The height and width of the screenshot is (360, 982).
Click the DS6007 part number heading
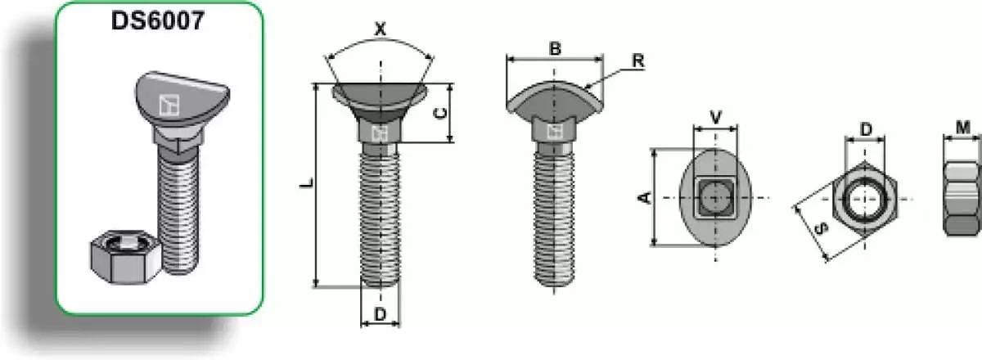tap(158, 20)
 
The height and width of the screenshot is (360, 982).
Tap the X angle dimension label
tap(381, 29)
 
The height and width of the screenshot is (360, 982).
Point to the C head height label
tap(439, 113)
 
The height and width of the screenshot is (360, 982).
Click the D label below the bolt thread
tap(381, 314)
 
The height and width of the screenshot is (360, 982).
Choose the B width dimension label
tap(555, 48)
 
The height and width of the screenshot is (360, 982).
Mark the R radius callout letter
tap(637, 61)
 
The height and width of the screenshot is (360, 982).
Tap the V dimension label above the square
tap(715, 118)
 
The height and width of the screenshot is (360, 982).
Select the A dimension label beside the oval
tap(645, 198)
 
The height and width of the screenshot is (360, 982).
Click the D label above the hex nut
tap(867, 130)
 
